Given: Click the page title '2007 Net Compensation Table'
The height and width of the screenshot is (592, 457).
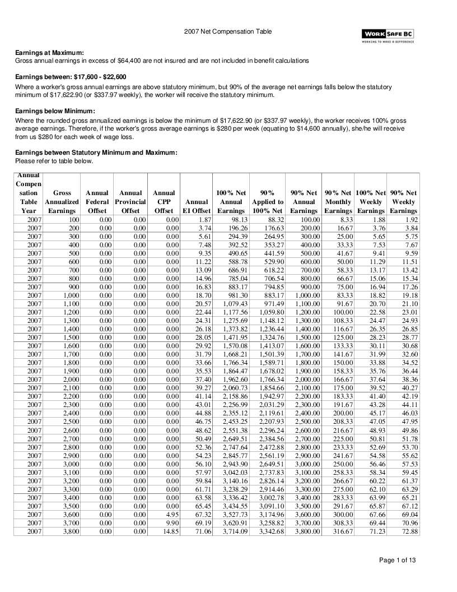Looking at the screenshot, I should click(x=228, y=32).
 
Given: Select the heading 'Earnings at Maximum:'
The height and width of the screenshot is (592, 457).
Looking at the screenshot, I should click(x=49, y=53).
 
